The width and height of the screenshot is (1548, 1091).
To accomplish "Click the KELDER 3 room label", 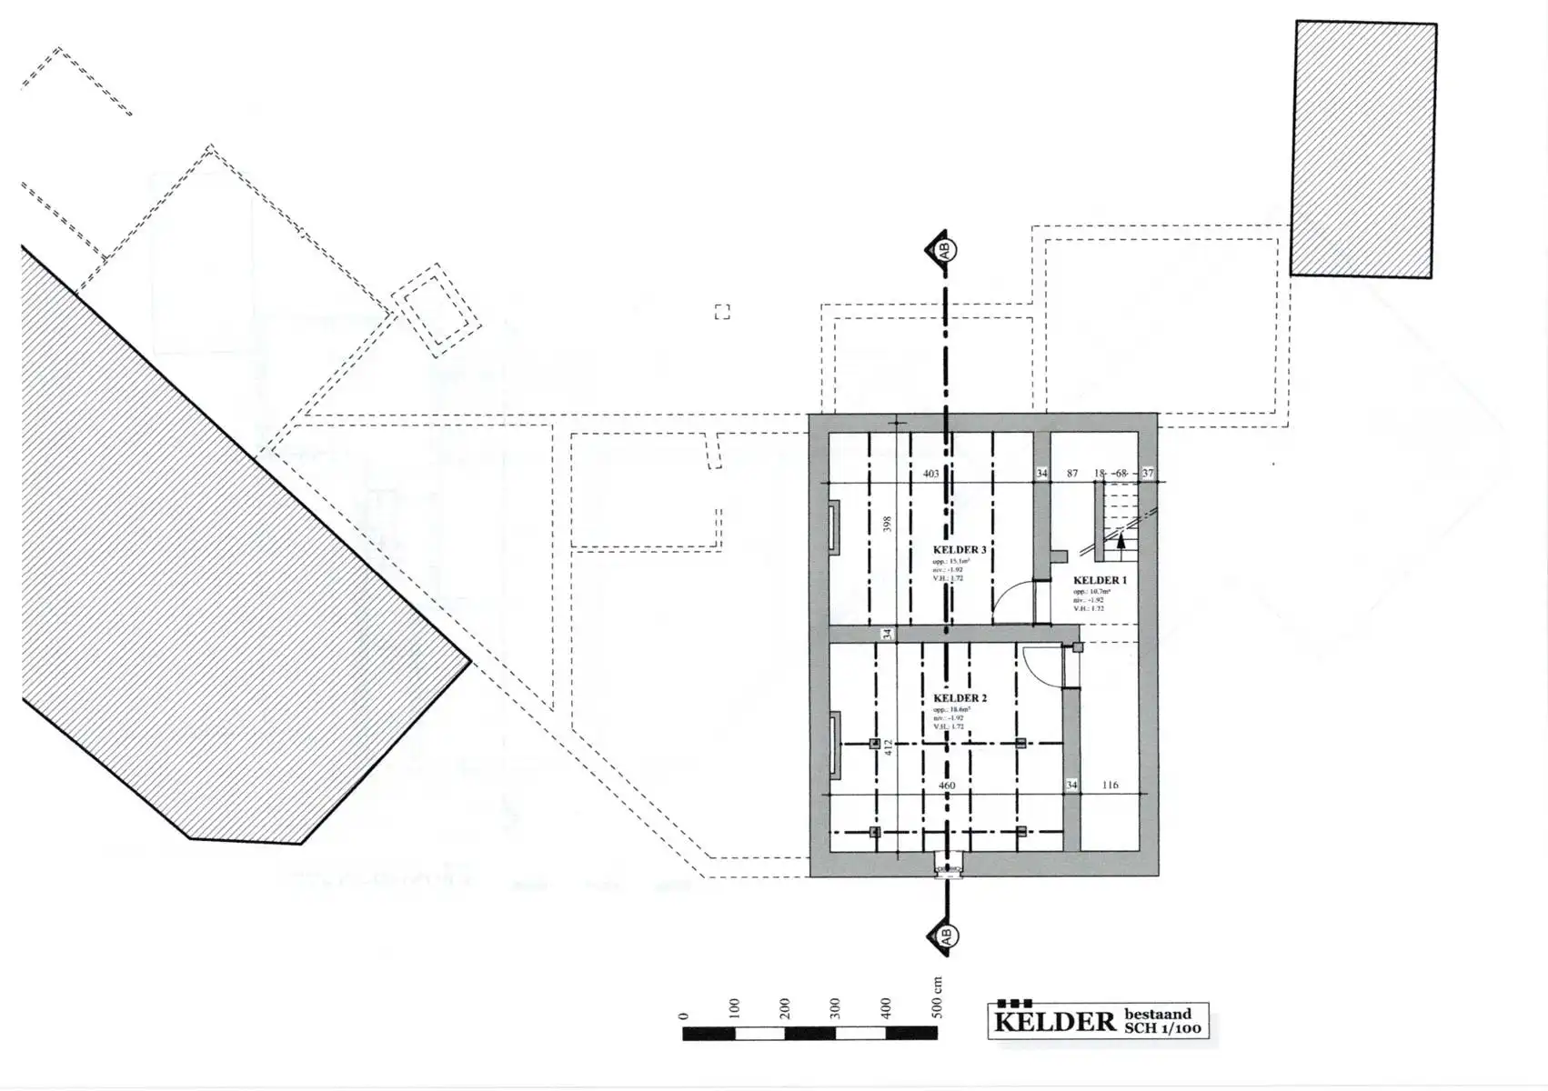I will pos(960,550).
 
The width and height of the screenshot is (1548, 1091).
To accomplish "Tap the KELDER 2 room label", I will pos(960,698).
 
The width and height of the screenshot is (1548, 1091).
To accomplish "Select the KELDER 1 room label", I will pos(1100,580).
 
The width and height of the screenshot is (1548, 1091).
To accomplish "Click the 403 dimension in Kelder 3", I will pos(930,474).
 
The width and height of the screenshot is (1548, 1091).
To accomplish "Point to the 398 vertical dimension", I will pos(888,525).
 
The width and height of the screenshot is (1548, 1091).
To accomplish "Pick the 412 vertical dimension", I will pos(889,747).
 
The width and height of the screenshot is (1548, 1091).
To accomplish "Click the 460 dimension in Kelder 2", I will pos(947,786).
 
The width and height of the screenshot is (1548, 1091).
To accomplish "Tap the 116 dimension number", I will pos(1110,785).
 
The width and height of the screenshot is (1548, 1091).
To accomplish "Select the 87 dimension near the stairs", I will pos(1072,474).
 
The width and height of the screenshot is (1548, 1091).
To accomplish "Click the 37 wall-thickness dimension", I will pos(1148,474).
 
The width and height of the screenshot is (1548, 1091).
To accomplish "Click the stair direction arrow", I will pos(1121,542).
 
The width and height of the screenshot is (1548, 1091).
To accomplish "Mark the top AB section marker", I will pos(943,248).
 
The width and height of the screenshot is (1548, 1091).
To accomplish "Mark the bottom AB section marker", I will pos(943,936).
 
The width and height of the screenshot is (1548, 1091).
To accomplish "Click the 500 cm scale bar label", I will pos(937,998).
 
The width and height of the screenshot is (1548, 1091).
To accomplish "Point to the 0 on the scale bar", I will pos(684,1016).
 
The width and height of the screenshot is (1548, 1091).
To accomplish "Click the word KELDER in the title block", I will pos(1054,1022).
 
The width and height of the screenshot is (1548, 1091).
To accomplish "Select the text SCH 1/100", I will pos(1161,1029).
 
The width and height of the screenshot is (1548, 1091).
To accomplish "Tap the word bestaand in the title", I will pos(1157,1014).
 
